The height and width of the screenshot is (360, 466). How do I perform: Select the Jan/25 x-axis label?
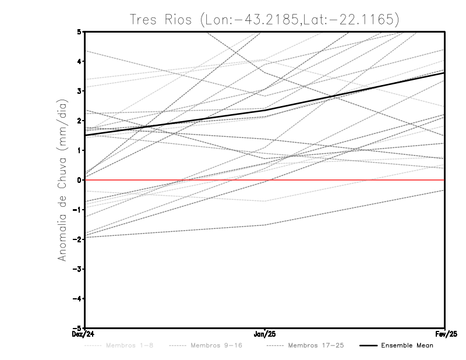tap(265, 334)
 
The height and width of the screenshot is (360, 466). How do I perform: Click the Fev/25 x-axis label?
tap(444, 334)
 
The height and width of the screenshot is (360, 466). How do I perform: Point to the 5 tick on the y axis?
tap(79, 31)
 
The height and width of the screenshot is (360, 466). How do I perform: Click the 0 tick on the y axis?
tap(79, 180)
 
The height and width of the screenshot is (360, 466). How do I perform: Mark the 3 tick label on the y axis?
tap(79, 91)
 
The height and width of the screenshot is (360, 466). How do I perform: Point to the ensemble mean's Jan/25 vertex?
tap(265, 110)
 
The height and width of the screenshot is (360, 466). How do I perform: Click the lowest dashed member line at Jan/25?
tap(265, 225)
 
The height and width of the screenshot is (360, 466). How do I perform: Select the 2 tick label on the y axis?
tap(79, 121)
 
